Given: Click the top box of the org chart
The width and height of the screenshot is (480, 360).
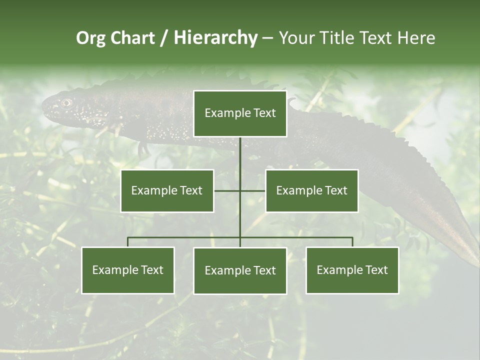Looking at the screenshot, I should tap(240, 113).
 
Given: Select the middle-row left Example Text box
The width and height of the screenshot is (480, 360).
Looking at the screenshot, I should tap(167, 190).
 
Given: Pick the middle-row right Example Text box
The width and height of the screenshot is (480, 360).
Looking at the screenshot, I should tap(311, 190).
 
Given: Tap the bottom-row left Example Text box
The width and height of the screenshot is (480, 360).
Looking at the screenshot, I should tap(127, 270).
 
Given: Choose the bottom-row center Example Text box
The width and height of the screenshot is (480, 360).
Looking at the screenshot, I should tap(240, 270).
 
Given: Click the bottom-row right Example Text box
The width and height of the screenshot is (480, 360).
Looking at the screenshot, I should tap(352, 270).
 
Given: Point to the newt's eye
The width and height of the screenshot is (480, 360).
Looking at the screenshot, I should tap(66, 102).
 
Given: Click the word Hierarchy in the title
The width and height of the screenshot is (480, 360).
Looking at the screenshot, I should tap(215, 38).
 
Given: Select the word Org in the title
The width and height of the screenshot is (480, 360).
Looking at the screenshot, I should tap(90, 38).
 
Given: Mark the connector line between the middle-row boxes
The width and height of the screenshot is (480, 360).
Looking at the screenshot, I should tap(240, 190).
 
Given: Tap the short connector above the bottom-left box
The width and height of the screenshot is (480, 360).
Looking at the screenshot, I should tap(127, 242).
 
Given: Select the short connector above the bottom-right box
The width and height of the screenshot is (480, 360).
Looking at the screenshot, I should tap(352, 242).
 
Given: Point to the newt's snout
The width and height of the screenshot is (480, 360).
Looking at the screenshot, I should tap(44, 106).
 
